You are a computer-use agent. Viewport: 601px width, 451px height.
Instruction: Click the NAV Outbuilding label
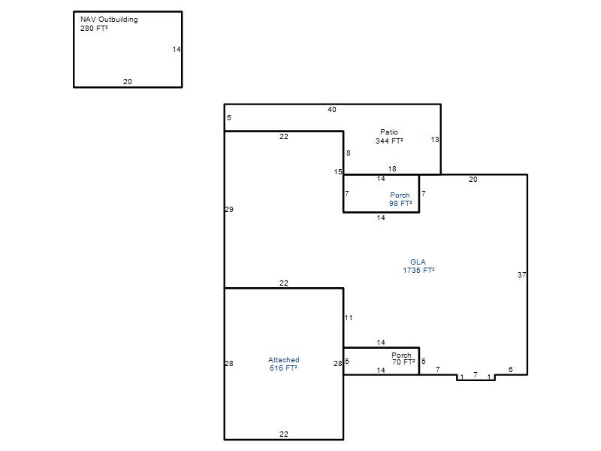click(109, 20)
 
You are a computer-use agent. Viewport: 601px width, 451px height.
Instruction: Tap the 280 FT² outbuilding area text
click(94, 29)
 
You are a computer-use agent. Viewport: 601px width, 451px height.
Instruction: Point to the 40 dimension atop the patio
click(332, 110)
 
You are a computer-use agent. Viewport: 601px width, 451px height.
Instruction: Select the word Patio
click(389, 132)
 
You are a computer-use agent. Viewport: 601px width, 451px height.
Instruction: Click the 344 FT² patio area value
click(389, 141)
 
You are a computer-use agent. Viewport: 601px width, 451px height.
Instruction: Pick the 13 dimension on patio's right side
click(435, 140)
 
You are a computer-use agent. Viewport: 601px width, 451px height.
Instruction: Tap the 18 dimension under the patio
click(392, 168)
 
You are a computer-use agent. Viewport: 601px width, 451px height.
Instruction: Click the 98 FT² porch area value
click(400, 204)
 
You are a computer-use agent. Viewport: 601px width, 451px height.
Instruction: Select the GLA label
click(418, 262)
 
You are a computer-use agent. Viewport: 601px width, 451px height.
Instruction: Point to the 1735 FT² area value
click(418, 271)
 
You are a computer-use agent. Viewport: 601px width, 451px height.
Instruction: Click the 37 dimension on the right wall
click(521, 275)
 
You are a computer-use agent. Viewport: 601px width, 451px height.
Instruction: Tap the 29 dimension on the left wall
click(229, 210)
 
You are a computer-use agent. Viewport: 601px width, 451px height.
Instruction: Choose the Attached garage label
click(284, 360)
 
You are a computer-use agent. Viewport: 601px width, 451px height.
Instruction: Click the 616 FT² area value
click(283, 368)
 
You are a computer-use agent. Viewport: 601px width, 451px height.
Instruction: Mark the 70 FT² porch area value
click(403, 362)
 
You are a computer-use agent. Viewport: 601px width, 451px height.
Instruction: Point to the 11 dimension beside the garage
click(349, 317)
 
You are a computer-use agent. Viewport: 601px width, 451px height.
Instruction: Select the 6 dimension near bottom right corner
click(511, 369)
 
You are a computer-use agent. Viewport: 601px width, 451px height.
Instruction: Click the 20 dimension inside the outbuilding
click(128, 82)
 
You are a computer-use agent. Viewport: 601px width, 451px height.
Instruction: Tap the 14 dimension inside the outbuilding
click(177, 50)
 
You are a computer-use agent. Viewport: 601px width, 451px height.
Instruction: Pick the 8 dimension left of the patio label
click(349, 153)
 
